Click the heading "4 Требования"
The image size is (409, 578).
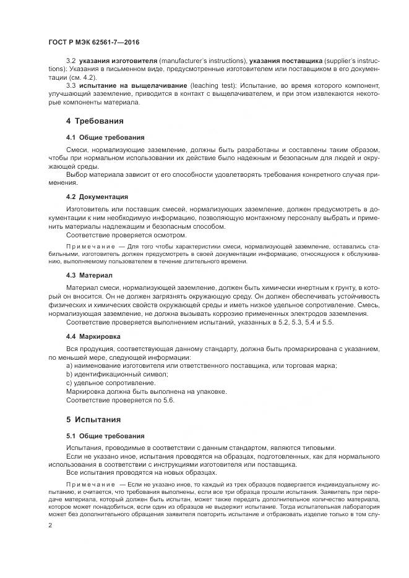(95, 121)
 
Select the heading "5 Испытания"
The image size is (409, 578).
(93, 419)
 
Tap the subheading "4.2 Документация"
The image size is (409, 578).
(97, 197)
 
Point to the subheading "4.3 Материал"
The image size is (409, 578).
(90, 274)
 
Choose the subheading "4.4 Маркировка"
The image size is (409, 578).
(93, 337)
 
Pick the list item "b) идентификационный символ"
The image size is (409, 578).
(116, 375)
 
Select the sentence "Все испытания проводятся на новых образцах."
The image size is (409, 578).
(141, 473)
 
